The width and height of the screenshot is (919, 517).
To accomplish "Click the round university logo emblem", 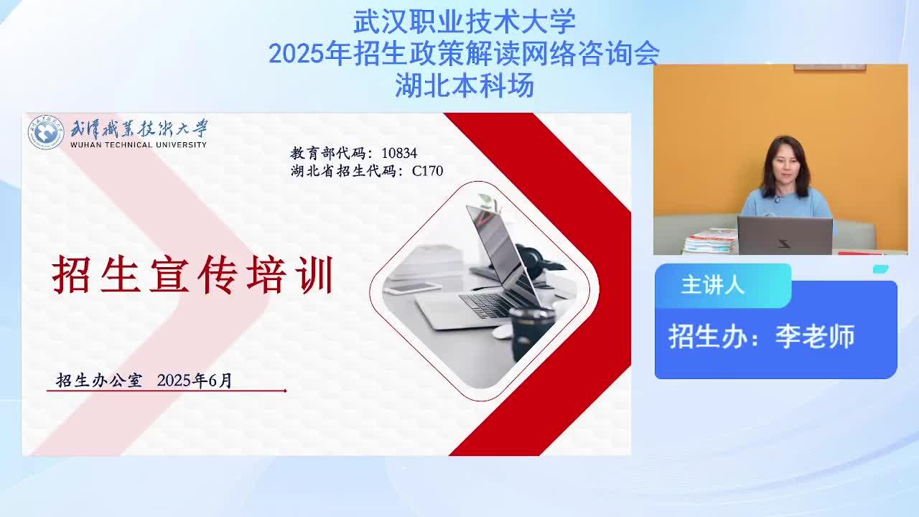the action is [x=46, y=132].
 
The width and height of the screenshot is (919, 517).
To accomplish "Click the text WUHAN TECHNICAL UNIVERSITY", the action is [x=139, y=145].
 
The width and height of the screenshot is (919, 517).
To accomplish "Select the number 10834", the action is [x=399, y=153].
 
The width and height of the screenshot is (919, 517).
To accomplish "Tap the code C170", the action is [x=427, y=171].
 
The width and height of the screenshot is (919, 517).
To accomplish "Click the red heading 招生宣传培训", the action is [x=192, y=274].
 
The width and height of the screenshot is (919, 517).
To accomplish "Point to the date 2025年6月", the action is [x=195, y=381].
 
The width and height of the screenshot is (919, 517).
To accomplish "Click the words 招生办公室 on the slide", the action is [x=99, y=381].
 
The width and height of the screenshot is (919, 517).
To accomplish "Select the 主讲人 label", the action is [x=713, y=285].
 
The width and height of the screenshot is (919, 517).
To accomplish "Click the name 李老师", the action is [x=815, y=337].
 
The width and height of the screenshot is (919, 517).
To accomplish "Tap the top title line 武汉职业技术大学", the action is [x=465, y=22].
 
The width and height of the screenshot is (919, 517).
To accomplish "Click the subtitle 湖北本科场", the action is [x=465, y=85].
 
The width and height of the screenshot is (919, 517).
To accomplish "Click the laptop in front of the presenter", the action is [x=785, y=236].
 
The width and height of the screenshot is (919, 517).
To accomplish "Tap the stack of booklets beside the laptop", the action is [x=711, y=241].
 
